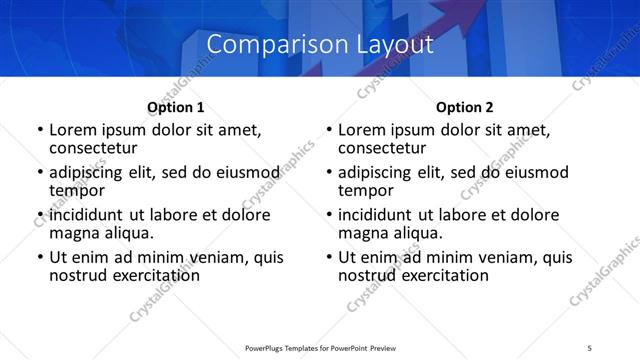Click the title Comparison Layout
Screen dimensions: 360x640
tap(320, 45)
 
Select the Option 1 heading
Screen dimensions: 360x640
tap(175, 107)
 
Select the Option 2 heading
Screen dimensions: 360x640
tap(464, 107)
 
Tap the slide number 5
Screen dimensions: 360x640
tap(590, 347)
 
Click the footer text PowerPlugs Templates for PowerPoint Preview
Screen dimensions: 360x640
tap(320, 347)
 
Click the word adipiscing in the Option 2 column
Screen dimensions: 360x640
tap(377, 172)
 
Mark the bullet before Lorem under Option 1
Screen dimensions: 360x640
tap(40, 131)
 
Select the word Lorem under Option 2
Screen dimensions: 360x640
tap(361, 130)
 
